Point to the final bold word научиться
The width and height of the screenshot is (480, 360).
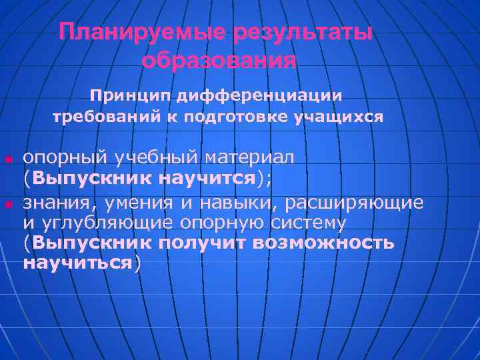pyautogui.click(x=77, y=263)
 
